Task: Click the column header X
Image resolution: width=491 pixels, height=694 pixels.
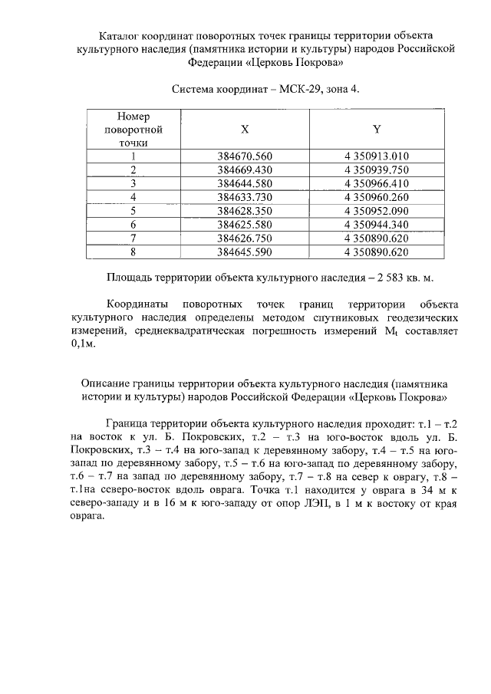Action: (x=245, y=129)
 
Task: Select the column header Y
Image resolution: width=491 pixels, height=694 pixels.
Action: (x=377, y=129)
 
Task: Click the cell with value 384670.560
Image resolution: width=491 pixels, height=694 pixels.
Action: (x=245, y=156)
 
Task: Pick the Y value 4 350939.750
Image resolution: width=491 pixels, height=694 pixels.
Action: (x=377, y=169)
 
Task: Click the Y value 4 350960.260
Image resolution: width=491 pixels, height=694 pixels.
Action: (x=377, y=196)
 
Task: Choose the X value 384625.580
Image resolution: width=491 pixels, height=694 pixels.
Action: (x=245, y=224)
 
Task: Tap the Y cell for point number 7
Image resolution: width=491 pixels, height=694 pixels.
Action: (x=377, y=238)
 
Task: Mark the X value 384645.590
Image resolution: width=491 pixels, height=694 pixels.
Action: (x=245, y=252)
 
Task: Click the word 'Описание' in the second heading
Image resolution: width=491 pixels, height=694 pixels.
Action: (x=105, y=383)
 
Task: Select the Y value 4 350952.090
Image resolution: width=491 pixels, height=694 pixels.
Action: (x=377, y=210)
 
